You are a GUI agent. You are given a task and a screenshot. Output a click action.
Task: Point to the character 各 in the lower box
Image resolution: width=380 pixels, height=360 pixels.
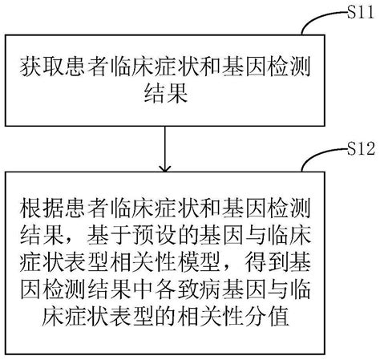(x=164, y=289)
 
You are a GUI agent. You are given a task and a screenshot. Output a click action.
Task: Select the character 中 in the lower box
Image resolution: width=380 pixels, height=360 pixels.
(x=139, y=289)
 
